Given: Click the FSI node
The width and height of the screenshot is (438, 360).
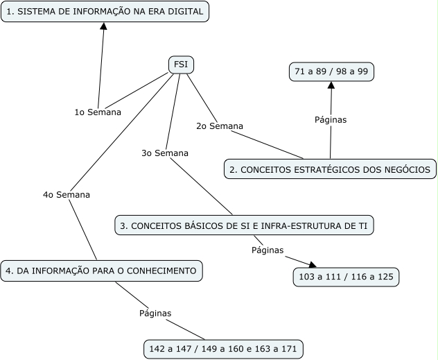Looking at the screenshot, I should (181, 65).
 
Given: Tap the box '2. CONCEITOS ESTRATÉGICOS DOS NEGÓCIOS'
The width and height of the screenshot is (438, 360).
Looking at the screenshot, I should (330, 169).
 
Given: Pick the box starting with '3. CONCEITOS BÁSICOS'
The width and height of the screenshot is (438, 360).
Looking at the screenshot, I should (247, 225).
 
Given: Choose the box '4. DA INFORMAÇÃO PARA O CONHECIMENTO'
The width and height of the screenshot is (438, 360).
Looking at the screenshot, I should (102, 271).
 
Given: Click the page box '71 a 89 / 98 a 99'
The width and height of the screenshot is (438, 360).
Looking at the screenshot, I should (331, 71).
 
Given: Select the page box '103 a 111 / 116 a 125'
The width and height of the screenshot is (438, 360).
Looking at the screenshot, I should (346, 277).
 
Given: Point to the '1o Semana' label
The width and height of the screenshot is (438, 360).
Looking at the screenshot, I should (98, 112).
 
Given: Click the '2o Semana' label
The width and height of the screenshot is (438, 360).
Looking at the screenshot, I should (220, 126).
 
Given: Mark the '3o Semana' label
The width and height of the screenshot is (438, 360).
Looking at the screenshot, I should (165, 153).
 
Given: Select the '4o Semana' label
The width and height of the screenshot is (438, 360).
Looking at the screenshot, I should (67, 195).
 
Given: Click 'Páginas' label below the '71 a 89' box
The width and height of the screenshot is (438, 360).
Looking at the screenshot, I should (331, 119).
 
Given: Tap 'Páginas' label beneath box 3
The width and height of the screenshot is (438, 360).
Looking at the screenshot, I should (268, 250).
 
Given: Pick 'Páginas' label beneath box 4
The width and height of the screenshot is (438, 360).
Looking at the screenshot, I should (155, 313).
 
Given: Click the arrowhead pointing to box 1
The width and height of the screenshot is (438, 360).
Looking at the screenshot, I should (103, 26).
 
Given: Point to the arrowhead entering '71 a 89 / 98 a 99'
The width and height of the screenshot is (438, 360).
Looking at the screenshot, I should (331, 85).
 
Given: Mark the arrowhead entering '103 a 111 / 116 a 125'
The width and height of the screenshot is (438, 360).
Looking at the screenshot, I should (312, 265).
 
